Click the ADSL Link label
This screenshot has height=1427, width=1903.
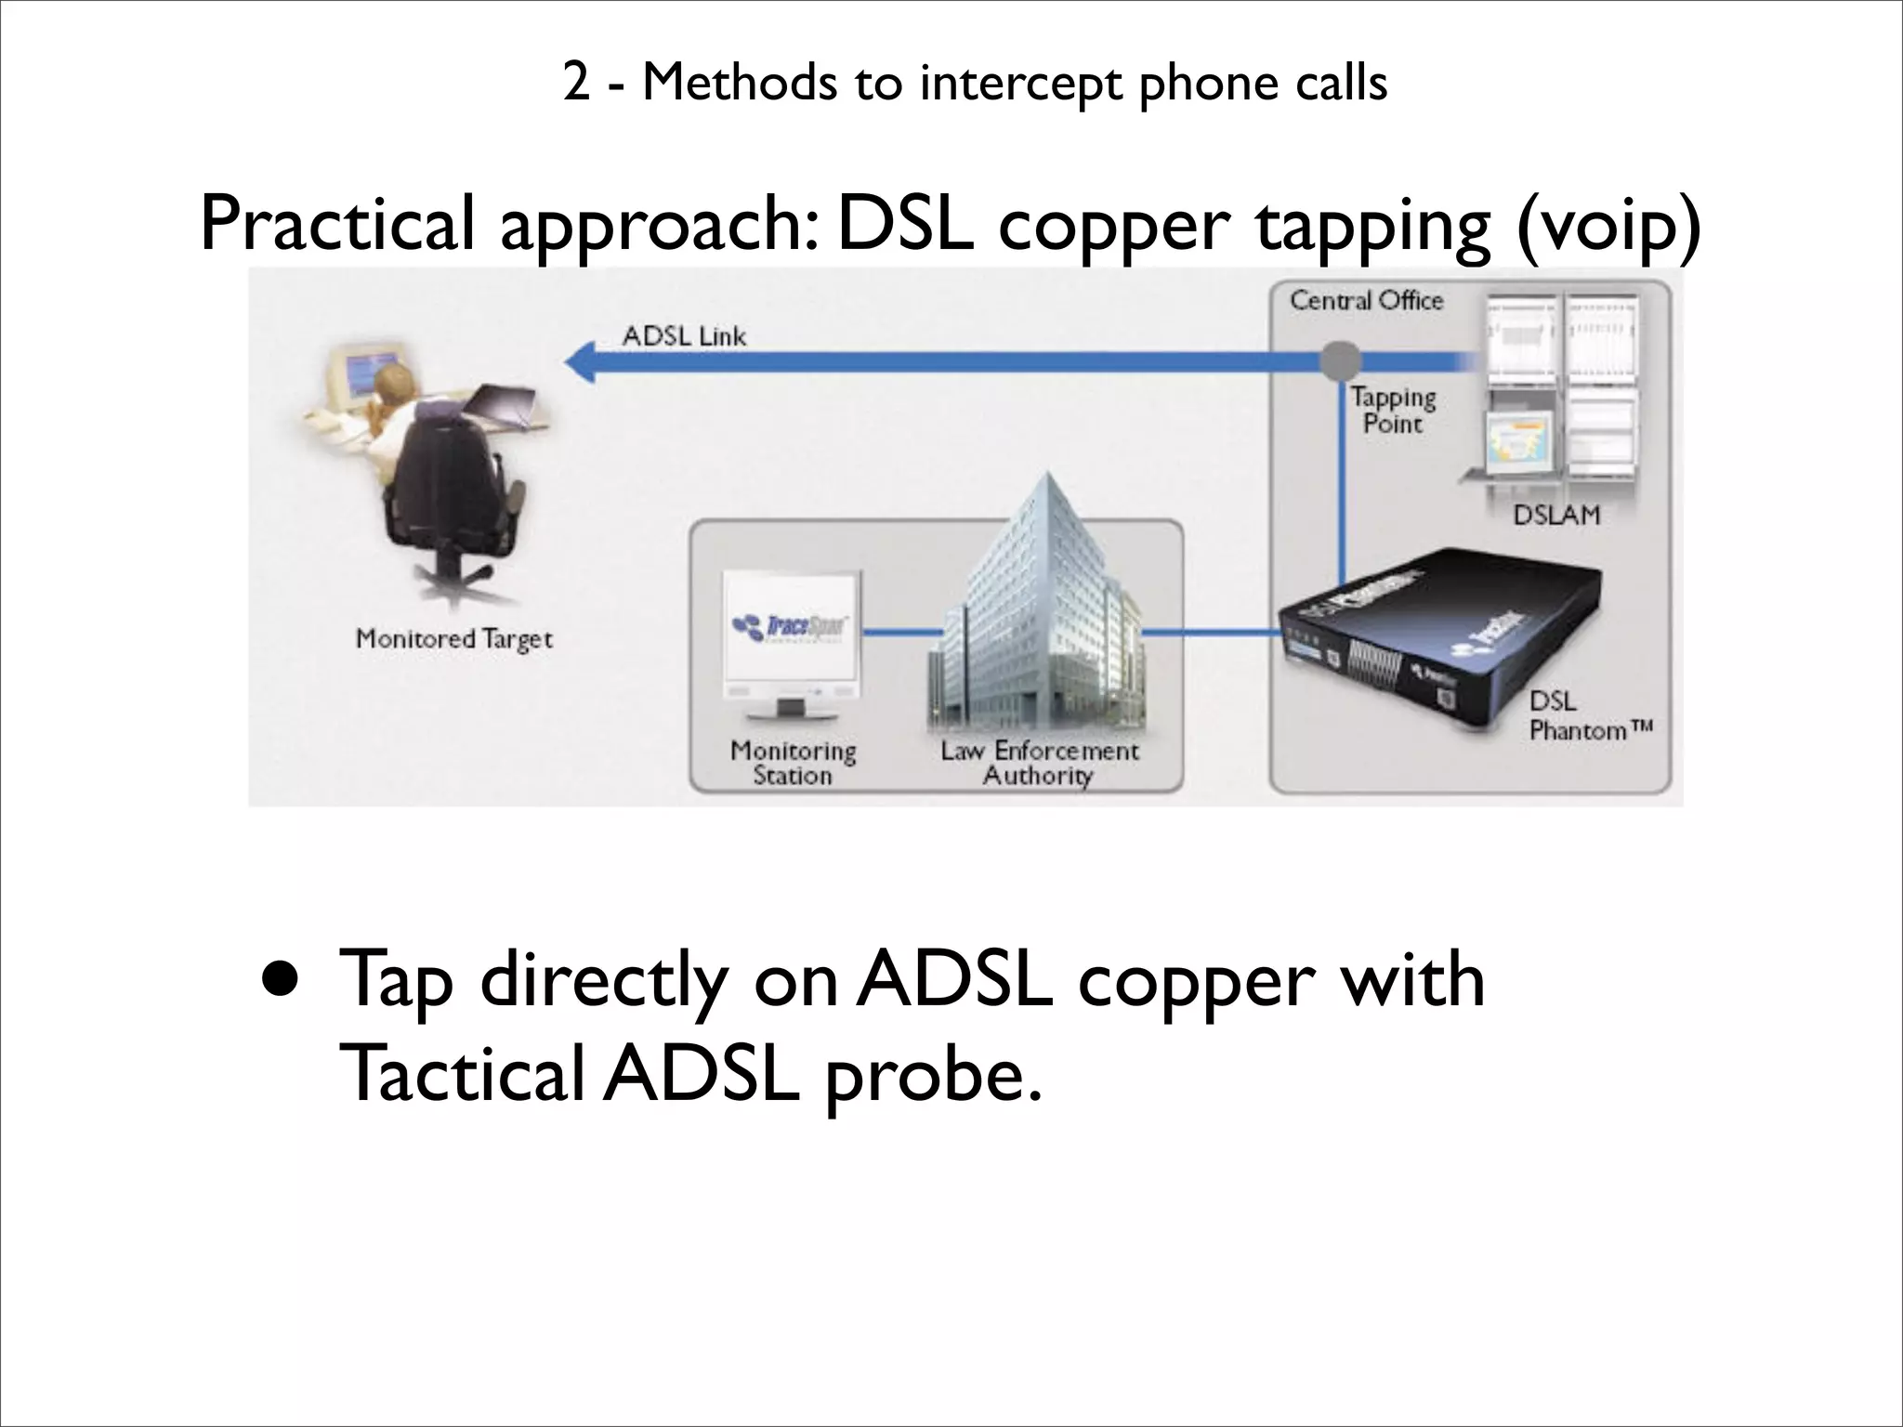[684, 335]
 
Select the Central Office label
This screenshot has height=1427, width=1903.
[1366, 301]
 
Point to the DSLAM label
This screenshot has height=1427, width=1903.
[1556, 514]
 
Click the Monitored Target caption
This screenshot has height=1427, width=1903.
[454, 639]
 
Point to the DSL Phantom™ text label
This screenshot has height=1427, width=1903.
[1589, 715]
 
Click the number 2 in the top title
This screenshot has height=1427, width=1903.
[576, 84]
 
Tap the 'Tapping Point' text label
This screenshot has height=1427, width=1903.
[1393, 411]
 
